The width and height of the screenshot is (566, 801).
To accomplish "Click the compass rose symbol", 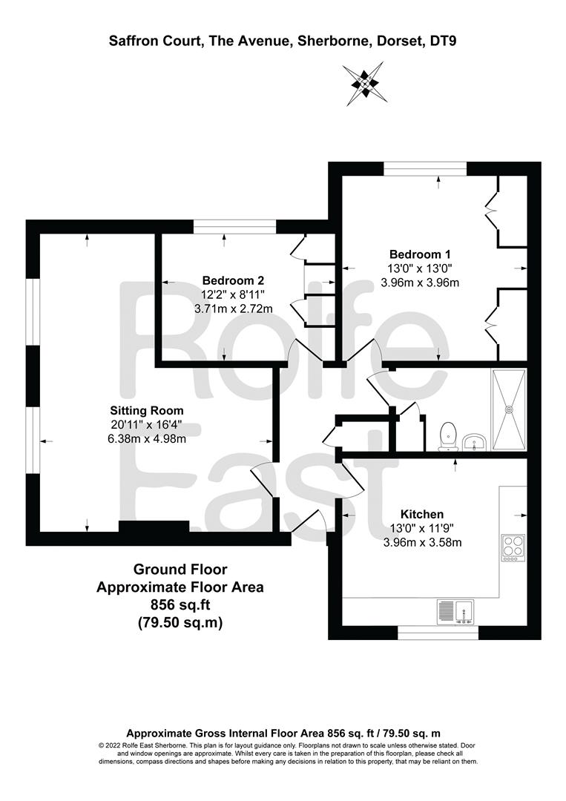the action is [x=363, y=83].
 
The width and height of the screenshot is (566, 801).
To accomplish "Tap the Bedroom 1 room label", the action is [x=419, y=254].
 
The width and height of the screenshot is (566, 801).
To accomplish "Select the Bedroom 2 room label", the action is [x=233, y=280].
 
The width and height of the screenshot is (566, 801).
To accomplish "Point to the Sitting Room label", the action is [x=147, y=411].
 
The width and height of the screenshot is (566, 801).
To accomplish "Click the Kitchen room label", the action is [x=422, y=515].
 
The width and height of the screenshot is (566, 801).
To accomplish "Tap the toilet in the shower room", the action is [x=448, y=437].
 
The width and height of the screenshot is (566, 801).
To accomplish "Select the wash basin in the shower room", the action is [x=475, y=442].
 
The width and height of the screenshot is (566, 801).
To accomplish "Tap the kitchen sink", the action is [x=455, y=611].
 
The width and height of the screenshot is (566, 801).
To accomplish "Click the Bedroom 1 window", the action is [x=426, y=168].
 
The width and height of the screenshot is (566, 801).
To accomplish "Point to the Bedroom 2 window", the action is [x=235, y=227].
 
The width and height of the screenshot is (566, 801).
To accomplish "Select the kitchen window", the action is [x=438, y=633].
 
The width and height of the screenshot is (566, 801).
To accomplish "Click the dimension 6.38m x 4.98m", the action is [x=147, y=438].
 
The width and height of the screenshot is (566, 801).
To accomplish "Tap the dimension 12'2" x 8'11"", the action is [x=233, y=294].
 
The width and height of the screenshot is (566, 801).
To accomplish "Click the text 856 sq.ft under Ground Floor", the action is [x=180, y=605].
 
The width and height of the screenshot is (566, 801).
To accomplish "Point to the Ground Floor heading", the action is [x=180, y=569].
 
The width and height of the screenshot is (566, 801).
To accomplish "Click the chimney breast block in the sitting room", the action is [x=154, y=527].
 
